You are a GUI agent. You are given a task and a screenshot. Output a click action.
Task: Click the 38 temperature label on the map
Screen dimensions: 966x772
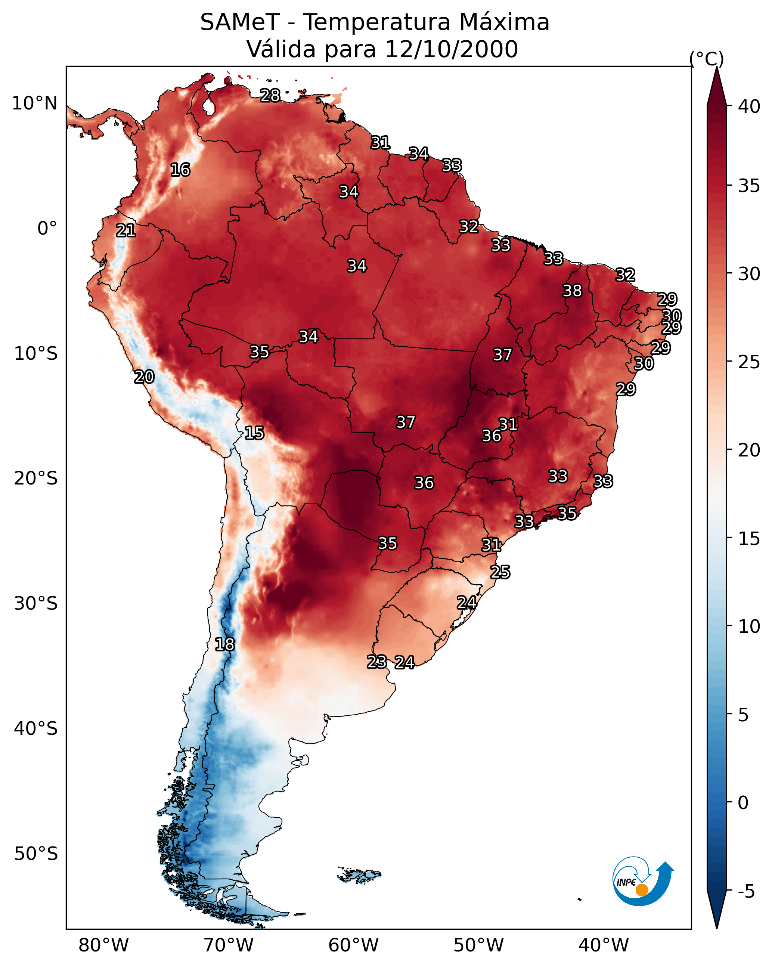point(572,291)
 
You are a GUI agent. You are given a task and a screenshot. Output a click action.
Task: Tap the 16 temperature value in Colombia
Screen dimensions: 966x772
point(180,170)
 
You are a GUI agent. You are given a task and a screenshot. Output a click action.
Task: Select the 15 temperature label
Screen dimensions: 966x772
point(254,433)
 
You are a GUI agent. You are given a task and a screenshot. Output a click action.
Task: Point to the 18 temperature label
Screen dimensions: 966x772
point(224,644)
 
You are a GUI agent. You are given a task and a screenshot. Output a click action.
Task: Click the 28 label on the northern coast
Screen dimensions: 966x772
point(270,95)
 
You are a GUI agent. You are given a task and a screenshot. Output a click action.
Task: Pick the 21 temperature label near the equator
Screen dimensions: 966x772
point(126,231)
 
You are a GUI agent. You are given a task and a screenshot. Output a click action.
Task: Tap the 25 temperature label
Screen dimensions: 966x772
point(500,572)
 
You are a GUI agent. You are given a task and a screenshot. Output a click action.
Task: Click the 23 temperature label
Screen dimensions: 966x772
point(376,662)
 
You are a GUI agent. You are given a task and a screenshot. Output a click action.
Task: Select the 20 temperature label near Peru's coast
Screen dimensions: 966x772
point(144,377)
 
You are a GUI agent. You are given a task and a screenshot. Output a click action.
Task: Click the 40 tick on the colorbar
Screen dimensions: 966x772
point(749,106)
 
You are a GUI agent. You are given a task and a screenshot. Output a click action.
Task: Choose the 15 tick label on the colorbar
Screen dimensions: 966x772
point(749,539)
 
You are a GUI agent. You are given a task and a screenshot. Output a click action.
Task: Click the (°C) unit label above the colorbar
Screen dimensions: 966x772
point(706,59)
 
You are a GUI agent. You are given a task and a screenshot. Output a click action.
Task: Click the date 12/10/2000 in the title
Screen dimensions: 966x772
point(451,49)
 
